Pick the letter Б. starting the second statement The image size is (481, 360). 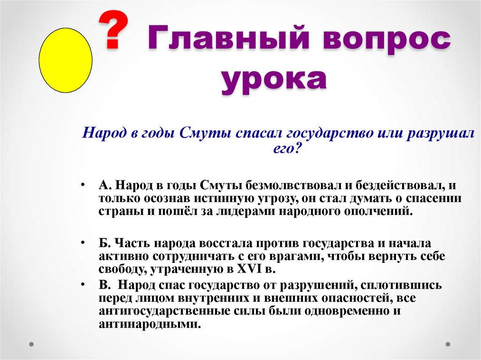click(x=104, y=245)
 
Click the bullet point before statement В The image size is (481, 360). click(x=82, y=284)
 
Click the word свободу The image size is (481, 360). click(x=120, y=270)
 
